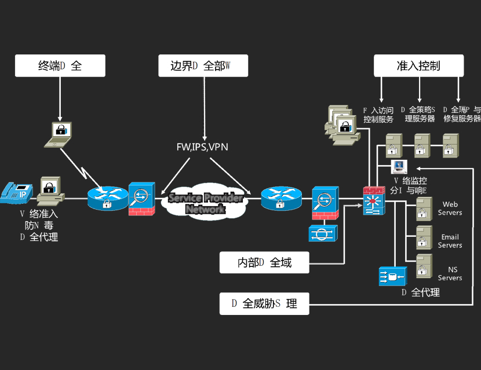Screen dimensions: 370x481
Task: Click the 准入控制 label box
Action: point(418,65)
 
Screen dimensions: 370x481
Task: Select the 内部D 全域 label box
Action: point(264,262)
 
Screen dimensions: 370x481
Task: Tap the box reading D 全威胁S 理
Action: point(264,303)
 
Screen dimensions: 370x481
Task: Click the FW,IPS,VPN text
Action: point(202,147)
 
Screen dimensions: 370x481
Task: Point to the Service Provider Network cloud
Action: point(205,203)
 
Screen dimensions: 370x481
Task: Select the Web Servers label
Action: point(450,208)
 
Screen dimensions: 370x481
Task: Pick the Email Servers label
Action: point(450,241)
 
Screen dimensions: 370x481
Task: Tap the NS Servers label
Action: point(450,274)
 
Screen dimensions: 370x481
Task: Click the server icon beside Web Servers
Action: point(424,209)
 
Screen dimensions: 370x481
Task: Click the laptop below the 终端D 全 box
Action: point(60,133)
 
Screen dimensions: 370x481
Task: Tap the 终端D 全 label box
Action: point(60,65)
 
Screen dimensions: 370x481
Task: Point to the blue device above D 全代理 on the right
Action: point(391,276)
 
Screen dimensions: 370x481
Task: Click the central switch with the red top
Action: point(374,201)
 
